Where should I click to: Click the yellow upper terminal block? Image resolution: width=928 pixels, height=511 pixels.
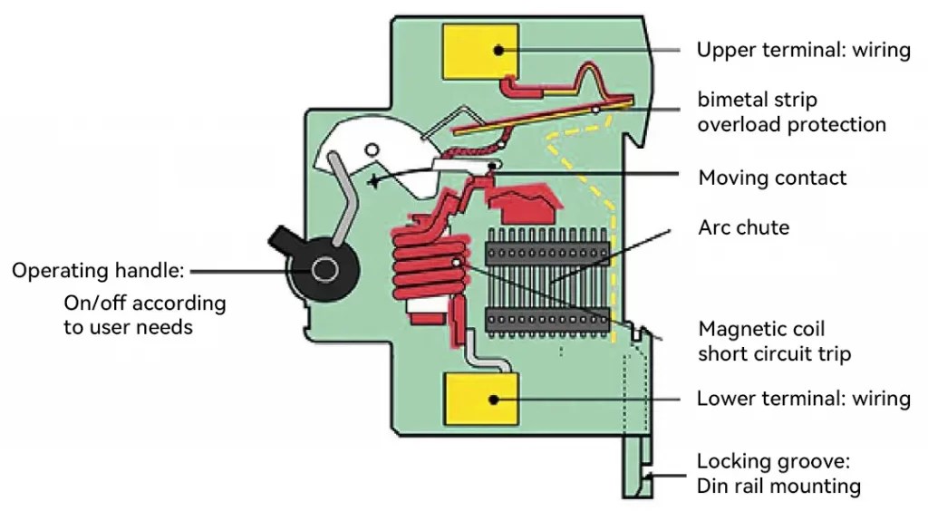tap(478, 51)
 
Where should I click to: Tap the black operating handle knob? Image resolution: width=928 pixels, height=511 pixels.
tap(322, 269)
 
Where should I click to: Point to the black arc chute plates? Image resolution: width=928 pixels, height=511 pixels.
tap(544, 281)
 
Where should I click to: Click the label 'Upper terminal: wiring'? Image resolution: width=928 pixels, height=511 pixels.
tap(803, 50)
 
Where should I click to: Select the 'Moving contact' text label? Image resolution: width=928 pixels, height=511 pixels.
tap(772, 178)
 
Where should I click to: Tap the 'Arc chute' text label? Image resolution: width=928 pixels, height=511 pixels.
tap(743, 227)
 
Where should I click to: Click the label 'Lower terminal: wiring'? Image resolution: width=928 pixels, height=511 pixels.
tap(803, 399)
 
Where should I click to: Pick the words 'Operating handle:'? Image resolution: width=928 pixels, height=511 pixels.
tap(98, 270)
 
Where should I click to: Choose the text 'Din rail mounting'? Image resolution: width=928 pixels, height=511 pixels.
tap(778, 487)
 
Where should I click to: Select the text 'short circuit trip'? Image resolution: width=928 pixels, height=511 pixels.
tap(774, 353)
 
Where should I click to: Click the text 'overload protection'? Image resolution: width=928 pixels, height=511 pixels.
tap(791, 124)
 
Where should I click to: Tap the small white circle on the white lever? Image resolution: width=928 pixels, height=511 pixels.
tap(370, 149)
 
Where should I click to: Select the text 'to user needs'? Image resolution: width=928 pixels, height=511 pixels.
tap(128, 327)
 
